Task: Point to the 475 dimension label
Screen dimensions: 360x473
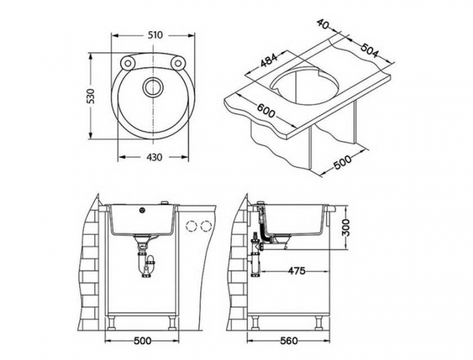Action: (296, 271)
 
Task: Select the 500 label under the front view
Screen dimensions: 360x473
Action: (143, 341)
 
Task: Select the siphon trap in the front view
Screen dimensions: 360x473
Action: (147, 262)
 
